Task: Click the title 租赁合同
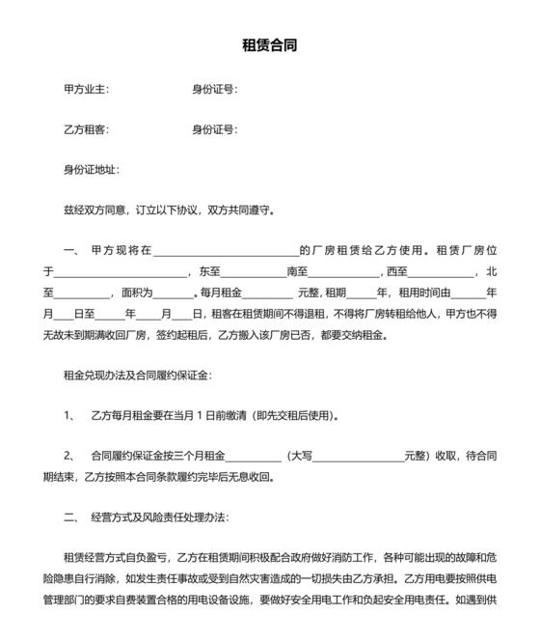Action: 269,44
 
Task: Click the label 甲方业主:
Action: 86,90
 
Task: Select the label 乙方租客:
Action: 86,129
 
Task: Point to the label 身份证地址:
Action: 91,170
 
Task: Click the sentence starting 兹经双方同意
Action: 168,209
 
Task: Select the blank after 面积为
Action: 174,293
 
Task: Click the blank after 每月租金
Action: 271,293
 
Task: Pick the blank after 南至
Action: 344,272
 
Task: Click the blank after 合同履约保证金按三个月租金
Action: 252,456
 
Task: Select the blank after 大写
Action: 358,456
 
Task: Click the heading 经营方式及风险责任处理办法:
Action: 158,517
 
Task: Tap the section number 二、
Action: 72,517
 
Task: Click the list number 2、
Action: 69,456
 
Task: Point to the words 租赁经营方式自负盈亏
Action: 116,558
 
